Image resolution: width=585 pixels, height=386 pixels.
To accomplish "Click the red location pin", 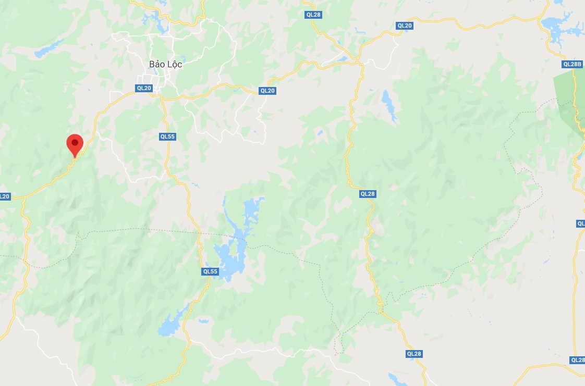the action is click(x=75, y=143).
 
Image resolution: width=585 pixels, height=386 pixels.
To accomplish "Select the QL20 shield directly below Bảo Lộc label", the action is click(x=144, y=88).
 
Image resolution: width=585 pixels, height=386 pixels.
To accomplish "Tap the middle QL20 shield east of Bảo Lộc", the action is click(x=267, y=91).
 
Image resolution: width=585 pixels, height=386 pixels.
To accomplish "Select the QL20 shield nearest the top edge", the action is click(x=404, y=26).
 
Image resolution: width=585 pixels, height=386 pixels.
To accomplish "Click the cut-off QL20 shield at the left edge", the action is click(x=4, y=196).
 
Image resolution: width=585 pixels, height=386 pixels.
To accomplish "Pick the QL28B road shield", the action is click(x=572, y=64).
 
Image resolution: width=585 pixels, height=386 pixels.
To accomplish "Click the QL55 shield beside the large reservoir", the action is click(x=210, y=271).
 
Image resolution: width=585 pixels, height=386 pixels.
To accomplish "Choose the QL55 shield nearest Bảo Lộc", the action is click(x=167, y=136).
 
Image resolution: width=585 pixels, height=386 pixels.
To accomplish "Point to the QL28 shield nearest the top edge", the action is click(x=313, y=15).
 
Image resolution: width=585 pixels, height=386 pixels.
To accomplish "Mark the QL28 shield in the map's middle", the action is click(x=367, y=194).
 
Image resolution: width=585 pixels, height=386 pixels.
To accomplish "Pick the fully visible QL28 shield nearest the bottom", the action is click(x=413, y=354).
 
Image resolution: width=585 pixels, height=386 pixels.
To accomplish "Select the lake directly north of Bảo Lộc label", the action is click(x=154, y=21).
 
